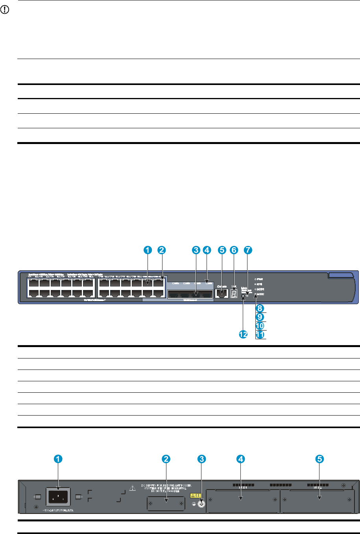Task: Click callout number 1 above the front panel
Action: tap(147, 249)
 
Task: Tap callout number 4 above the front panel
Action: tap(207, 249)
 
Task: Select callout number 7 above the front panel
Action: tap(247, 249)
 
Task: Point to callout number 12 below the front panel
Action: tap(244, 334)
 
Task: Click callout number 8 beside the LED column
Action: tap(260, 309)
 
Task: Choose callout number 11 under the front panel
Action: tap(260, 334)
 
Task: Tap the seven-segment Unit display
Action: tap(234, 294)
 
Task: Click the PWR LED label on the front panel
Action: tap(260, 279)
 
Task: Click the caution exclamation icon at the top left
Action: tap(6, 7)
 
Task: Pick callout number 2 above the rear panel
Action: tap(166, 458)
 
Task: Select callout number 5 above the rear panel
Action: tap(320, 458)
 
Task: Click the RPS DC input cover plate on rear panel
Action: tap(166, 503)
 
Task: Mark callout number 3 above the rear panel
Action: tap(201, 458)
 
